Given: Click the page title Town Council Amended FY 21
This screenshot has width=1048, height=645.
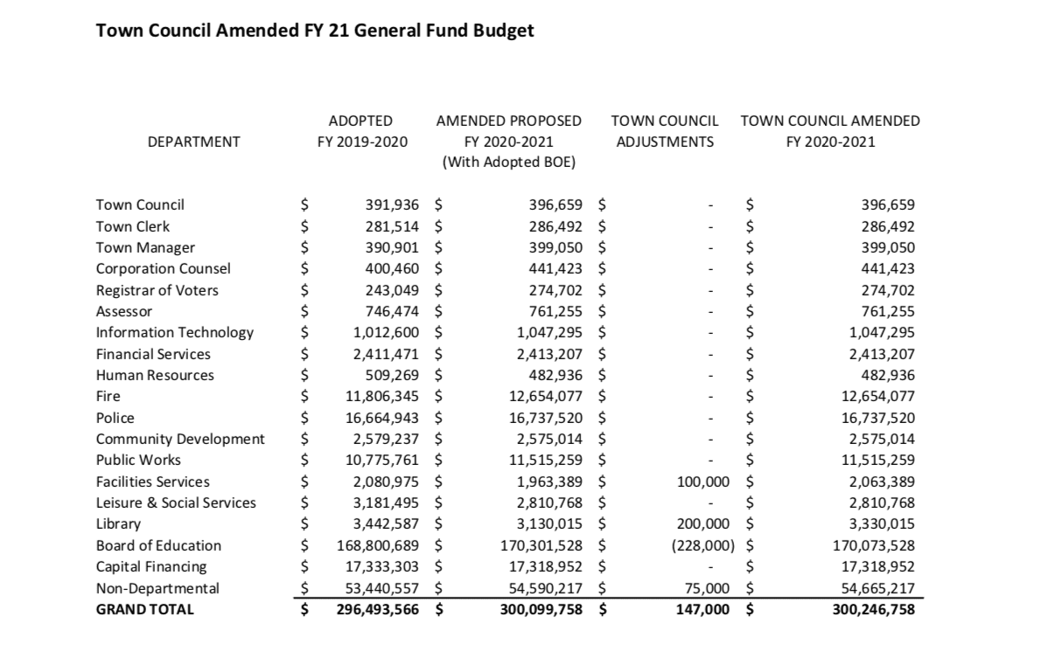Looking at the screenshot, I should pyautogui.click(x=315, y=31).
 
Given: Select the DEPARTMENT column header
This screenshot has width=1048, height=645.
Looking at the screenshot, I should pyautogui.click(x=194, y=142).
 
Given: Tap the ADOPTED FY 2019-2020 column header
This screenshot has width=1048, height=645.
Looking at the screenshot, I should pyautogui.click(x=361, y=131).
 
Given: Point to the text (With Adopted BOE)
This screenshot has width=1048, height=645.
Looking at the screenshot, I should pyautogui.click(x=508, y=163).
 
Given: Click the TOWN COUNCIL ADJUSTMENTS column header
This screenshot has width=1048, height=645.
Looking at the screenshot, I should pyautogui.click(x=665, y=131).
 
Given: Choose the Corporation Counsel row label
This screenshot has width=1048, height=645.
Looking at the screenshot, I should pyautogui.click(x=163, y=269).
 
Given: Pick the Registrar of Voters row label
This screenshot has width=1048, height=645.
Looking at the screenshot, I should pyautogui.click(x=157, y=290).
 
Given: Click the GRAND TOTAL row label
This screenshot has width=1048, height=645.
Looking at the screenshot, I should pyautogui.click(x=144, y=609).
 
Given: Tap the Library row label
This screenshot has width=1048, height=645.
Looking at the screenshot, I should pyautogui.click(x=118, y=524).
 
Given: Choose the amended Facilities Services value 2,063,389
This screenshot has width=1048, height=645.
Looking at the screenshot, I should pyautogui.click(x=881, y=482).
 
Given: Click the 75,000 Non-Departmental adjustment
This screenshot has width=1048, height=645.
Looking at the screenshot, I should pyautogui.click(x=707, y=588).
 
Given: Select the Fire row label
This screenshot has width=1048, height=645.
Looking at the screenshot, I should pyautogui.click(x=108, y=397).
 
